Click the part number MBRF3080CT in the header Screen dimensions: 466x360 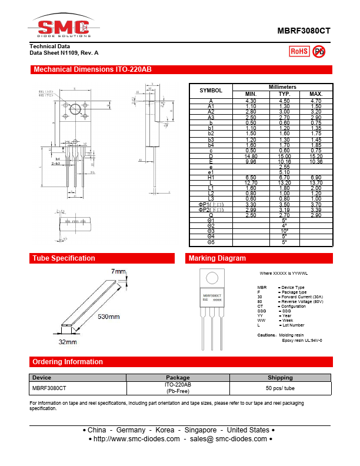click(x=304, y=32)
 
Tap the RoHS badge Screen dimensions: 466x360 click(x=299, y=51)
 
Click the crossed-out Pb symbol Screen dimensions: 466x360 click(x=319, y=51)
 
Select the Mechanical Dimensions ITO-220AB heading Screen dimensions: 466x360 click(x=92, y=69)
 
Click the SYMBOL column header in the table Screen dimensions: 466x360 click(x=211, y=91)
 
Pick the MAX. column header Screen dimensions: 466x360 click(x=316, y=94)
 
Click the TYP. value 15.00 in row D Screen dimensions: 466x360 click(x=284, y=156)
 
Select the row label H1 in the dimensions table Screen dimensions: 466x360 click(x=211, y=177)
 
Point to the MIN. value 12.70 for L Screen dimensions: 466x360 click(x=251, y=182)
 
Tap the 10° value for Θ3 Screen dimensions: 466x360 click(x=284, y=231)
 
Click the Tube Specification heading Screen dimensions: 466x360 click(x=64, y=258)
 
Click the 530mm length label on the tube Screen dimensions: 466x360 click(x=109, y=317)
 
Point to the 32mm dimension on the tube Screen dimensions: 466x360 click(x=67, y=341)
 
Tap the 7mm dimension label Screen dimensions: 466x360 click(x=118, y=271)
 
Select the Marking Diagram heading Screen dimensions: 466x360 click(x=217, y=258)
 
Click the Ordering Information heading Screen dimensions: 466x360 click(x=68, y=362)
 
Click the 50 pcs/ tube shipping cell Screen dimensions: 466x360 click(x=280, y=388)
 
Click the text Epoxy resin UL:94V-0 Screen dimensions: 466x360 click(x=302, y=341)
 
